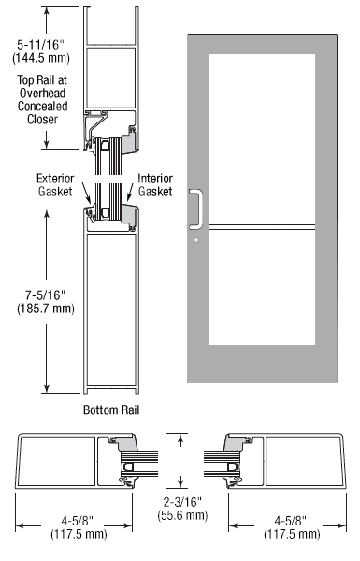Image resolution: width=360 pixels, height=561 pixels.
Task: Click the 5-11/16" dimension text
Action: [x=41, y=45]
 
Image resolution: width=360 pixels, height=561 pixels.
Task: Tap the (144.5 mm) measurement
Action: [x=41, y=58]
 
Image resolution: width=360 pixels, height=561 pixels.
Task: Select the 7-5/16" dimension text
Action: [x=46, y=295]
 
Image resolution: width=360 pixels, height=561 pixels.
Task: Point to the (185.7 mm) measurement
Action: [x=46, y=309]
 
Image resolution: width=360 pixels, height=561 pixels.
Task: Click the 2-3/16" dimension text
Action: [x=182, y=502]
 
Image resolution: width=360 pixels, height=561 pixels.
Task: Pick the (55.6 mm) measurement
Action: [x=182, y=515]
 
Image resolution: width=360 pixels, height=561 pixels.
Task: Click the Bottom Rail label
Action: [x=111, y=410]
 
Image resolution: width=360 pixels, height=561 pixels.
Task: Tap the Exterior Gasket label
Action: [x=55, y=185]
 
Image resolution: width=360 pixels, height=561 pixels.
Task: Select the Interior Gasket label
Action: [x=155, y=185]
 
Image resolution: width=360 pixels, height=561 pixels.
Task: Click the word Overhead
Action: [x=43, y=93]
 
